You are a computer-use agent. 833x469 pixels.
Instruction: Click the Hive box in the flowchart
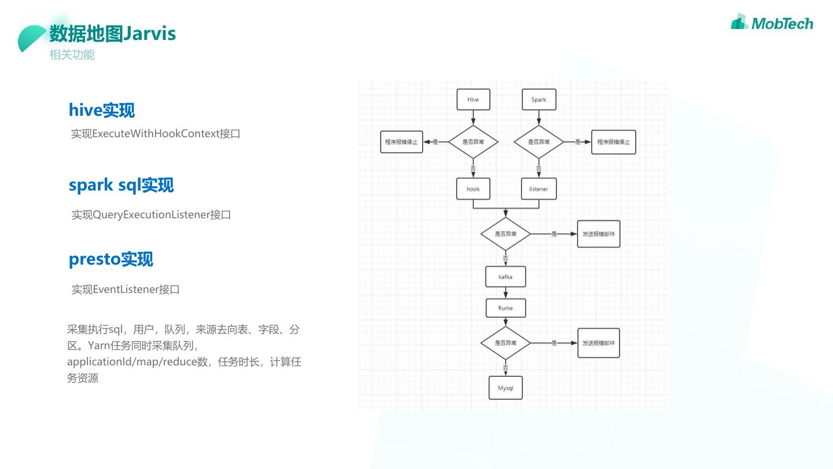(x=473, y=100)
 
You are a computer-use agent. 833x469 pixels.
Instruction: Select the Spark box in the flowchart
(x=539, y=100)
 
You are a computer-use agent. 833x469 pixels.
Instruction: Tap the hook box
(x=473, y=189)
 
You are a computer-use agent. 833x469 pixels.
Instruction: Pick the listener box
(x=539, y=189)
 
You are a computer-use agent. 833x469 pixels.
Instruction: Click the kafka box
(x=506, y=277)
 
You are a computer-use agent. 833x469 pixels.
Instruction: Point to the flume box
(x=506, y=308)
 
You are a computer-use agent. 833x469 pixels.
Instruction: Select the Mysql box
(x=506, y=388)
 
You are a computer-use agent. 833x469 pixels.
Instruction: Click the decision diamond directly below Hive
(x=473, y=141)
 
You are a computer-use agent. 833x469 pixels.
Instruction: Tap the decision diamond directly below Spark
(x=539, y=141)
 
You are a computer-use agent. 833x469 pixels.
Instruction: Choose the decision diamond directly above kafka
(x=506, y=234)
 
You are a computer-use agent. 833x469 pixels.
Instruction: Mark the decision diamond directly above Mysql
(x=506, y=343)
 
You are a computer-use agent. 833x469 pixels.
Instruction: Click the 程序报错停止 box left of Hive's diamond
(x=401, y=142)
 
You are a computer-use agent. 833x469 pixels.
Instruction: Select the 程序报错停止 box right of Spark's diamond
(x=613, y=142)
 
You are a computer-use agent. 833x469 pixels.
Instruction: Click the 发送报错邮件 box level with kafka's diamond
(x=599, y=234)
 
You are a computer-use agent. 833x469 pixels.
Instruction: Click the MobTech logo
(x=772, y=23)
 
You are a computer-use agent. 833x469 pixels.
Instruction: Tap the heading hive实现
(x=101, y=110)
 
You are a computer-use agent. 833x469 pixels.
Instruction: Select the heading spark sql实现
(x=121, y=185)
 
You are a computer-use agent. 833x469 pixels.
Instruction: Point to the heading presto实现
(x=110, y=259)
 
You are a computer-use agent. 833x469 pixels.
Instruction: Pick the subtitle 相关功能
(x=72, y=55)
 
